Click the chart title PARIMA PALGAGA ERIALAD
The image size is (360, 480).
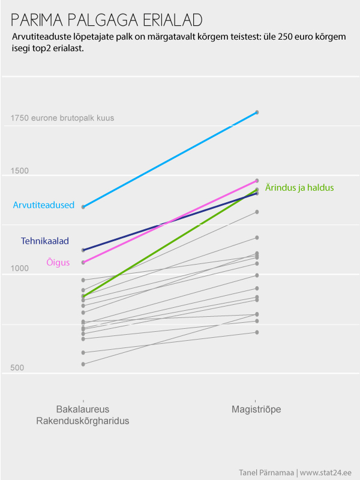tap(106, 20)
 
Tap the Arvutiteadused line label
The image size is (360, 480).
tap(44, 205)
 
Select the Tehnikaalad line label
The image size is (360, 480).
tap(45, 241)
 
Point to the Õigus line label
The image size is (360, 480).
tap(58, 262)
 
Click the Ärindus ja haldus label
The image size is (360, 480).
tap(299, 188)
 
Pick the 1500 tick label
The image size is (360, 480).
tap(20, 171)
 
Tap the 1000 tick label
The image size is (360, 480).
tap(20, 269)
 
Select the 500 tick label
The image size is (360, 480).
tap(17, 367)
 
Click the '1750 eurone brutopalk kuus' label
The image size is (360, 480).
tap(62, 118)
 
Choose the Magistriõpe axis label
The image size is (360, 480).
tap(256, 409)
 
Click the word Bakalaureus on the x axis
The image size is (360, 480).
tap(83, 409)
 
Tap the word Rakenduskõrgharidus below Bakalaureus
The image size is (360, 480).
tap(83, 421)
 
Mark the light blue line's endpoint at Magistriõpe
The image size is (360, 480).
tap(257, 112)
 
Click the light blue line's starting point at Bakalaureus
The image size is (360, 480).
tap(83, 207)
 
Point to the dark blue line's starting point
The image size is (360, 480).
tap(83, 250)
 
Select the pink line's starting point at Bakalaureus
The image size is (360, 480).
tap(83, 262)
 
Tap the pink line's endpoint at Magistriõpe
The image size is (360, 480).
tap(257, 181)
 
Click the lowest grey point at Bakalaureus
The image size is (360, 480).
tap(83, 364)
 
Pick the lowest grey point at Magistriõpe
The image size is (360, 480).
tap(257, 332)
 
